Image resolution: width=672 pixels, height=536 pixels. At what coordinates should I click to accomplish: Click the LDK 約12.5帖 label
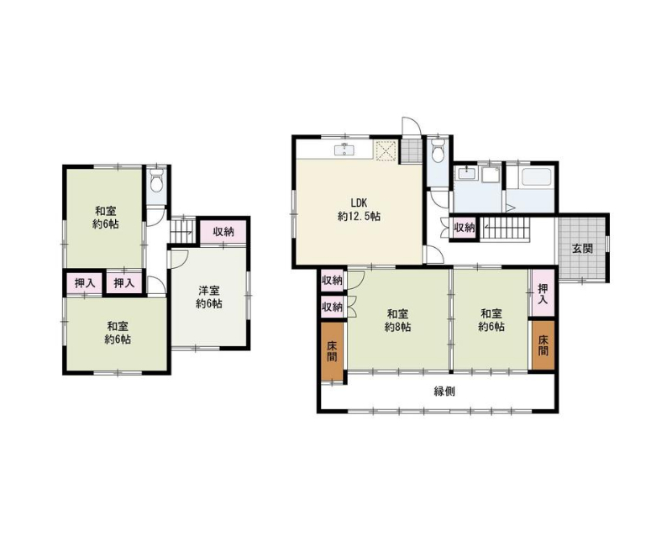coord(359,209)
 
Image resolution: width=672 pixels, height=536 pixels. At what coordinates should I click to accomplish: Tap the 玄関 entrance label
coord(583,249)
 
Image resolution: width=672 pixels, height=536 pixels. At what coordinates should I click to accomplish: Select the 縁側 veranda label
coord(444,391)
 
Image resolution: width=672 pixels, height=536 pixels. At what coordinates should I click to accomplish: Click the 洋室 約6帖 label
coord(208,297)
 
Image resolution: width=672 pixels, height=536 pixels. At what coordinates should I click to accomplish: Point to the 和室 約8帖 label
coord(397,320)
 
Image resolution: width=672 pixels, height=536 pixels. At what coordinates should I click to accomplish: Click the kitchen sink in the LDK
coord(344,150)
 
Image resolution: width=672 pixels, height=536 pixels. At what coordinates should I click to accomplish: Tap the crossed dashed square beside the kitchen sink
coord(385,150)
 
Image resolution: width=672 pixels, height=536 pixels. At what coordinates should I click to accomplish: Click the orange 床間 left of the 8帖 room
coord(332,351)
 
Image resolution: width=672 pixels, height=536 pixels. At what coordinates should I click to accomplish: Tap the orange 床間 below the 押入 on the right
coord(543,345)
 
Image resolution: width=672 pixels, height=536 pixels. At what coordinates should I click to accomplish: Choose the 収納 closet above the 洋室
coord(223,232)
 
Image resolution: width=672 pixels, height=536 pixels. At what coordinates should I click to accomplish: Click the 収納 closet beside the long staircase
coord(465,228)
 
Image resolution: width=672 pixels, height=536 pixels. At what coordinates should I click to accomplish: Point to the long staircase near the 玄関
coord(507,228)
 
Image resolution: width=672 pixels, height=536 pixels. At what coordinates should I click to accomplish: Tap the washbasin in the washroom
coord(466,174)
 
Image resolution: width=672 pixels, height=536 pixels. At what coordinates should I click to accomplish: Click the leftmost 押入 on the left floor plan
coord(85,283)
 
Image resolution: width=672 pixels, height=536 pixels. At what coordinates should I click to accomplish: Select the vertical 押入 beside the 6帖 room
coord(543,293)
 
